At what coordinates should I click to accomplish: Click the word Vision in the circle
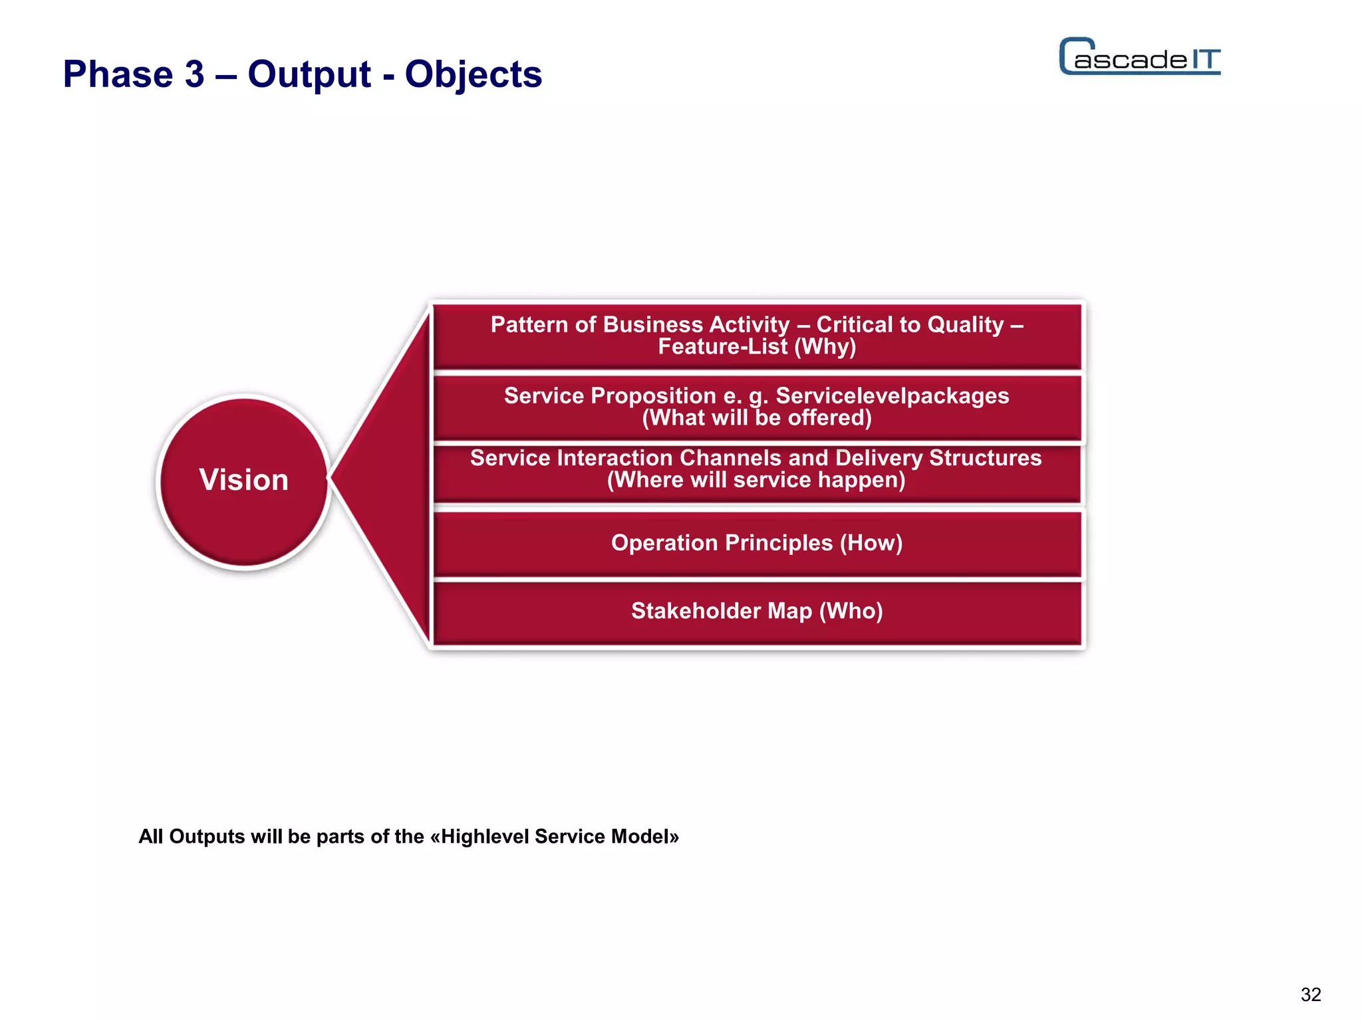coord(243,480)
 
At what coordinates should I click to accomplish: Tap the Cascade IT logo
coord(1140,57)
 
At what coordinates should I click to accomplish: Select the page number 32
coord(1311,994)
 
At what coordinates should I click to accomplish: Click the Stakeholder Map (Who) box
coord(757,612)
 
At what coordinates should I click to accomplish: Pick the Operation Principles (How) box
coord(757,543)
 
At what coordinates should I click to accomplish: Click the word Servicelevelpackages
coord(892,396)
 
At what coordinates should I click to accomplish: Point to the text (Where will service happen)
coord(756,480)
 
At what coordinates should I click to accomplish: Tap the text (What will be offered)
coord(757,418)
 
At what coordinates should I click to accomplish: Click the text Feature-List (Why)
coord(757,347)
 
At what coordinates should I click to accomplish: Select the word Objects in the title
coord(473,74)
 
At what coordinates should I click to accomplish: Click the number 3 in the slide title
coord(194,74)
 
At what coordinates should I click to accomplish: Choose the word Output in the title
coord(309,74)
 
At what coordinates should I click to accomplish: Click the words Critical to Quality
coord(910,324)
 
